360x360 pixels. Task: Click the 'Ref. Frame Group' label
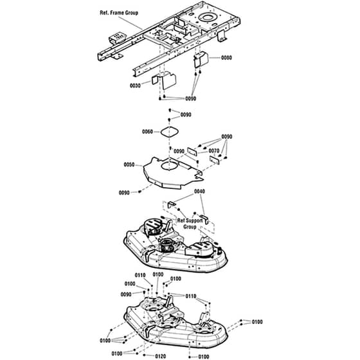tap(119, 13)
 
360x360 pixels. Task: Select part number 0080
tap(226, 58)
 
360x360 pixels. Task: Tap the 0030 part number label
tap(135, 85)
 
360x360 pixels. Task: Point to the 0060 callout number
tap(147, 132)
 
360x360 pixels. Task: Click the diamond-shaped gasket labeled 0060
tap(170, 132)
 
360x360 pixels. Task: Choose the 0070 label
tap(213, 151)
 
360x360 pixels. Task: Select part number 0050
tap(129, 165)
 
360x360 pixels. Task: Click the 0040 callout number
tap(199, 192)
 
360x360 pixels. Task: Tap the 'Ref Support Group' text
tap(190, 224)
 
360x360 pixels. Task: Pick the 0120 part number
tap(161, 356)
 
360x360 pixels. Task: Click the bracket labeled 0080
tap(201, 59)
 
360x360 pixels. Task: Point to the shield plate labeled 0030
tap(165, 80)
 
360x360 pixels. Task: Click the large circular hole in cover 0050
tap(170, 166)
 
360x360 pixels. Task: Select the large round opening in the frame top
tap(207, 17)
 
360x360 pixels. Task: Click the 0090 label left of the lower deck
tap(126, 294)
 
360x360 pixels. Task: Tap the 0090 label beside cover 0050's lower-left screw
tap(124, 193)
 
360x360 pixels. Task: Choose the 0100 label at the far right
tap(257, 322)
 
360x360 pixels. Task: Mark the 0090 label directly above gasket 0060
tap(186, 114)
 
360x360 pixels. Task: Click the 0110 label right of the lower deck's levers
tap(191, 296)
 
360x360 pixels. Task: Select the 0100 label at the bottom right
tap(204, 357)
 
